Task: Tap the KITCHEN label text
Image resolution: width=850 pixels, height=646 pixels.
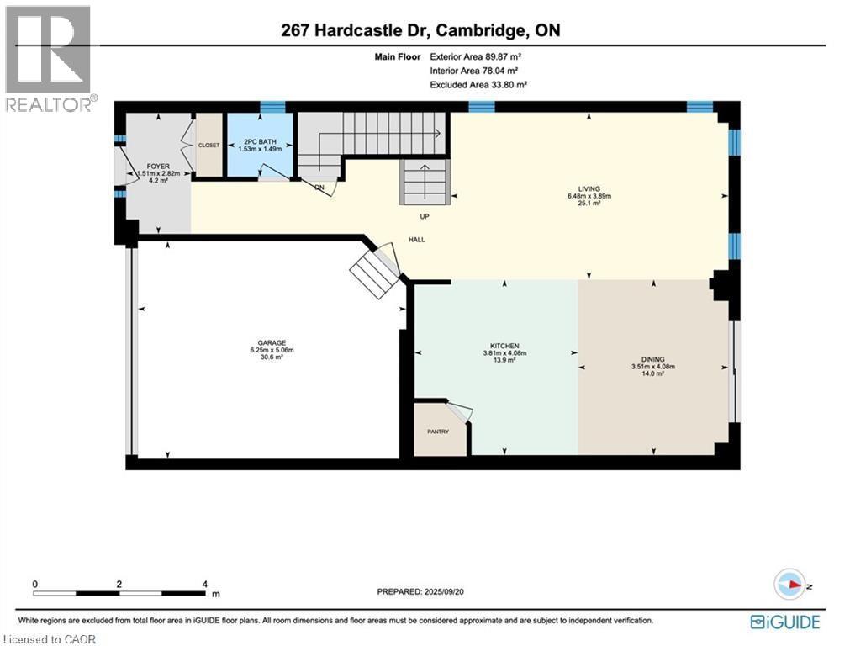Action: tap(504, 346)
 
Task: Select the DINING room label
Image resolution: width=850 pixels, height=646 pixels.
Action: tap(652, 359)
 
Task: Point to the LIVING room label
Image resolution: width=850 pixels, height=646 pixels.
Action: tap(589, 188)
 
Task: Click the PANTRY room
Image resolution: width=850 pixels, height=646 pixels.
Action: tap(438, 432)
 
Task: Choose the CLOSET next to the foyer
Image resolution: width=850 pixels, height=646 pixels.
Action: tap(209, 145)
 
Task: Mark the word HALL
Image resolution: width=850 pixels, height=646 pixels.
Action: tap(416, 240)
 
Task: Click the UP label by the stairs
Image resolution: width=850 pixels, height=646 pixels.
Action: tap(425, 216)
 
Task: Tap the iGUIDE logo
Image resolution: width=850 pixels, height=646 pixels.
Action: tap(784, 622)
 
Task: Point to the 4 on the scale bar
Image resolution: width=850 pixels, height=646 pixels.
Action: tap(205, 584)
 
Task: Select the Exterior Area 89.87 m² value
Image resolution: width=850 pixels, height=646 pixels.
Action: tap(480, 57)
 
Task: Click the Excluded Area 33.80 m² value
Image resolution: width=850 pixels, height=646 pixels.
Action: tap(478, 85)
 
